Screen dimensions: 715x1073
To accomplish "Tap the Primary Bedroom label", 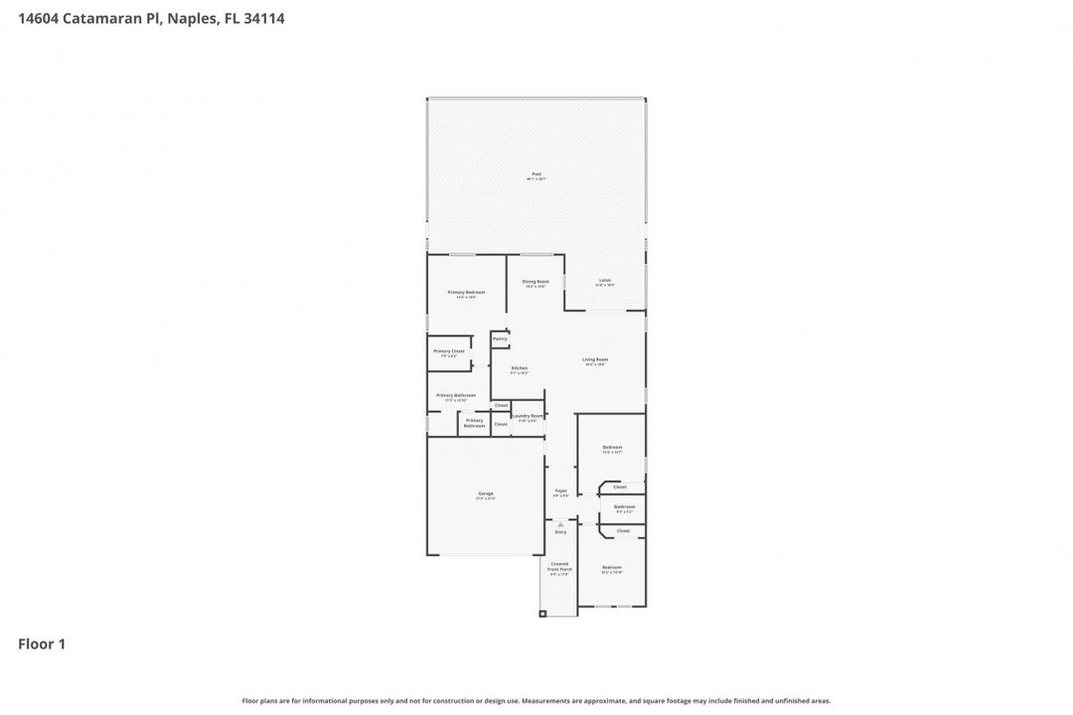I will click(x=466, y=293).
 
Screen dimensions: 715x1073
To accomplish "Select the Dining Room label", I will click(x=536, y=282).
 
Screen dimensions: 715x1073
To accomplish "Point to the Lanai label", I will click(x=604, y=281).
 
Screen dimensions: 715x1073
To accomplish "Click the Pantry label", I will click(x=500, y=339).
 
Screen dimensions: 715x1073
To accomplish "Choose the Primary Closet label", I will click(x=449, y=352).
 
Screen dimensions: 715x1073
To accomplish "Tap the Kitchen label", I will click(x=520, y=368).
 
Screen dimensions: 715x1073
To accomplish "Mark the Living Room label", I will click(x=595, y=360).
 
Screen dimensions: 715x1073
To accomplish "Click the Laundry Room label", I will click(x=528, y=416).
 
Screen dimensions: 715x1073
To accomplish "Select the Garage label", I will click(x=486, y=494).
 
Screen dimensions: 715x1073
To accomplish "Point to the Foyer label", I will click(x=560, y=491).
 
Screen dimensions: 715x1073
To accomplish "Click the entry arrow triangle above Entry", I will click(x=560, y=523).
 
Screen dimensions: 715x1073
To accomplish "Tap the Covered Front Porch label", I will click(x=560, y=567).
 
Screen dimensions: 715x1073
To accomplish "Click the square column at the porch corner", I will click(x=542, y=613).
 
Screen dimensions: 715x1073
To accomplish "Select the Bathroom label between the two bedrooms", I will click(x=624, y=507).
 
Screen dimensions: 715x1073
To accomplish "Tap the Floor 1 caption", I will click(x=42, y=644).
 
